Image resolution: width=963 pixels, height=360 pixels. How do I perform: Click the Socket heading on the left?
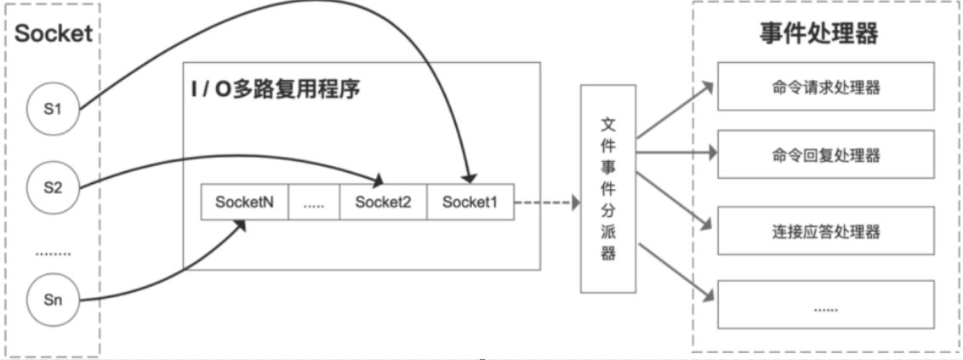point(53,35)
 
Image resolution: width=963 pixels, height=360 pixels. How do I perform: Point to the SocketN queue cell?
point(244,203)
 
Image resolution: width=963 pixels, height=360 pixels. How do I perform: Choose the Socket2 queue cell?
point(383,203)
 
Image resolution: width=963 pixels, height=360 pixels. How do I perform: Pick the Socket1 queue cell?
point(470,203)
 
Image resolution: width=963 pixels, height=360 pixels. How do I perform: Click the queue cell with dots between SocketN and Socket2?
point(313,203)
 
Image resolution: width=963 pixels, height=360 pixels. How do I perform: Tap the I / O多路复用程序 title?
point(276,89)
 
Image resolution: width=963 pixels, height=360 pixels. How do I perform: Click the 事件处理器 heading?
point(818,35)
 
